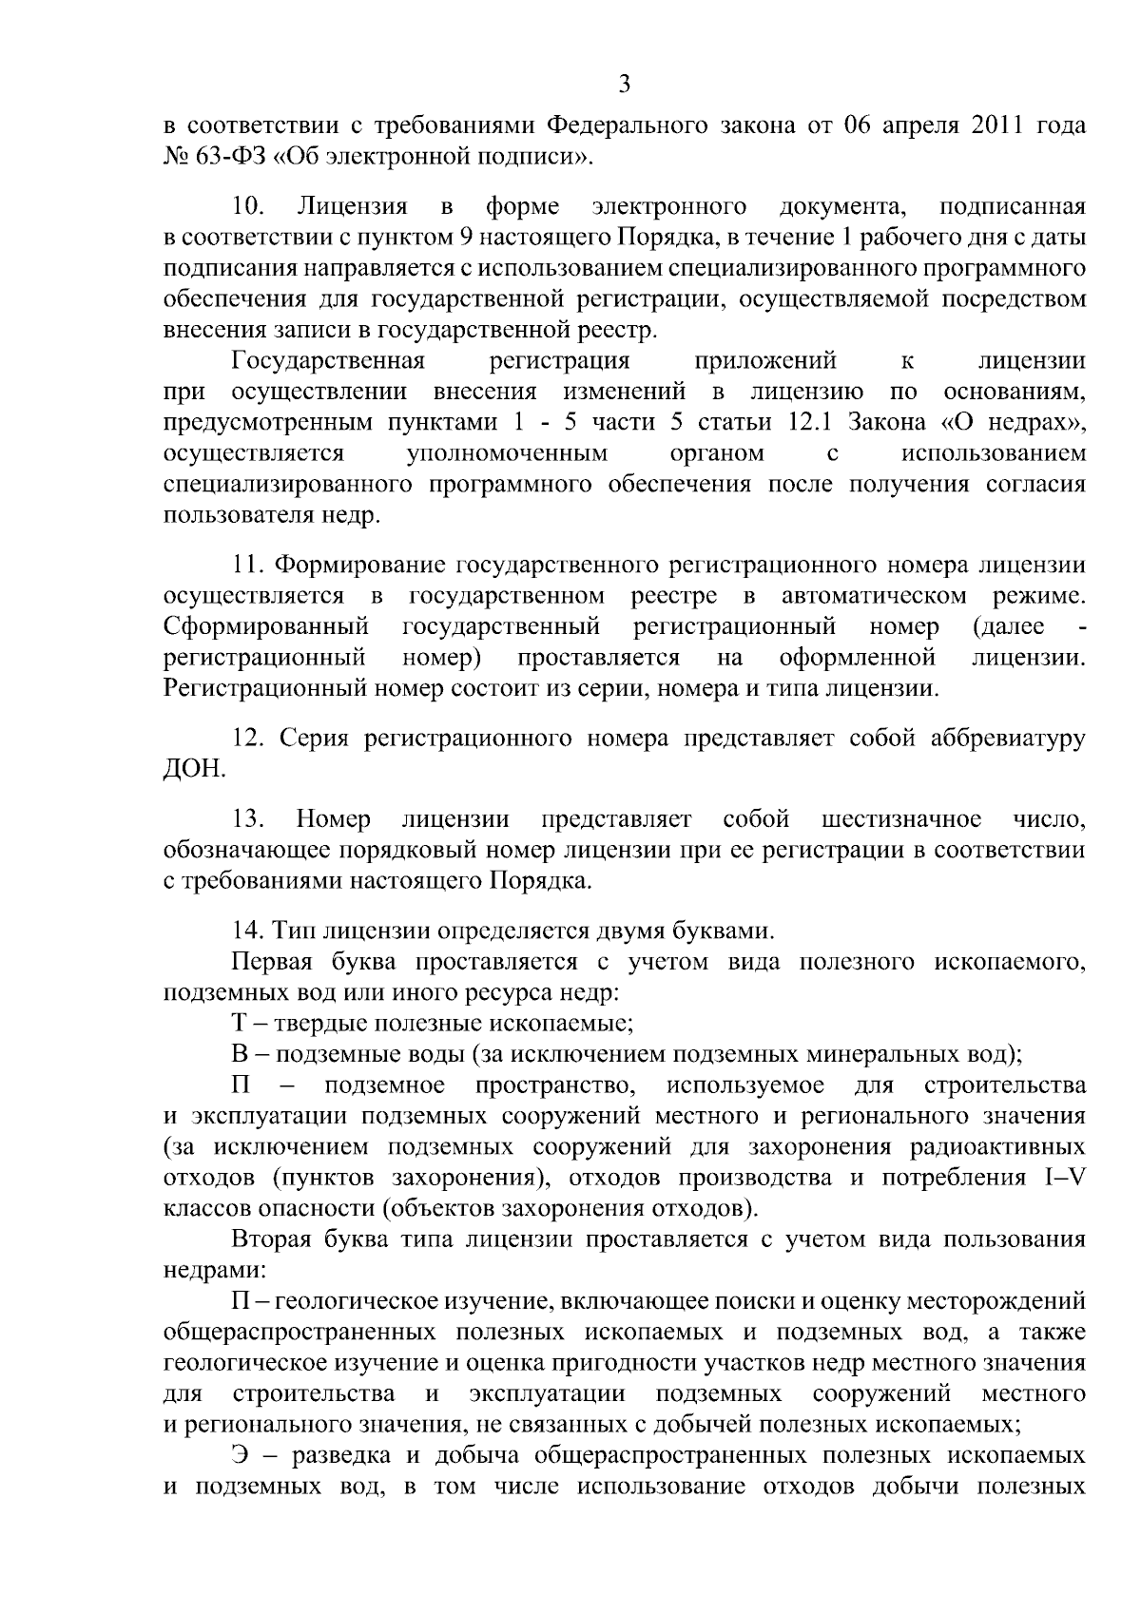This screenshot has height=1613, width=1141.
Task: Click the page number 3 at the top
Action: coord(624,85)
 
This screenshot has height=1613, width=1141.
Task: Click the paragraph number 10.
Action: coord(247,206)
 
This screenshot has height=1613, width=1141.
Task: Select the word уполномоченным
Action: coord(507,452)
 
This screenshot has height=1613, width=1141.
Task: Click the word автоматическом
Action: coord(874,596)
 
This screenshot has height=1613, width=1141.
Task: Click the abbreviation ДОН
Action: coord(194,769)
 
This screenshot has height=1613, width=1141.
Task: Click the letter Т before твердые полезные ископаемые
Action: coord(240,1024)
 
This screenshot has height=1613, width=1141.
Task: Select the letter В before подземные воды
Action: coord(240,1055)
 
